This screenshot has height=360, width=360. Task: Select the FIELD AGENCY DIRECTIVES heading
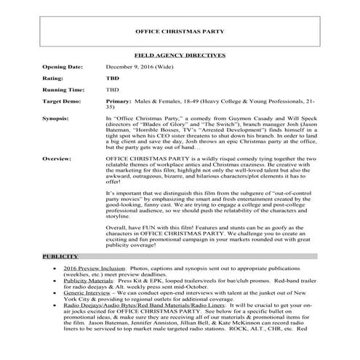[x=180, y=55]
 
